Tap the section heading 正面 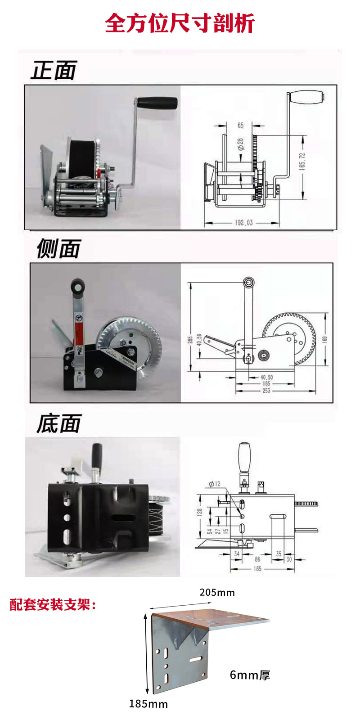tap(54, 71)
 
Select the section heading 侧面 tap(58, 249)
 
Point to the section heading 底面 tap(58, 424)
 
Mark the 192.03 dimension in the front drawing tap(243, 222)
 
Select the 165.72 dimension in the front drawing tap(302, 161)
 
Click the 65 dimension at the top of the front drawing tap(240, 126)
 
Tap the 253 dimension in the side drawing tap(266, 391)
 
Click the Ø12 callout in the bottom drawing tap(215, 484)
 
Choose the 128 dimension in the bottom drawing tap(199, 512)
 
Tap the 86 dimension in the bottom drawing tap(257, 559)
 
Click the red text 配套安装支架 tap(53, 604)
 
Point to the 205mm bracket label tap(217, 592)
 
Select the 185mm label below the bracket tap(148, 704)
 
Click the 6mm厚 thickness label tap(250, 675)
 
